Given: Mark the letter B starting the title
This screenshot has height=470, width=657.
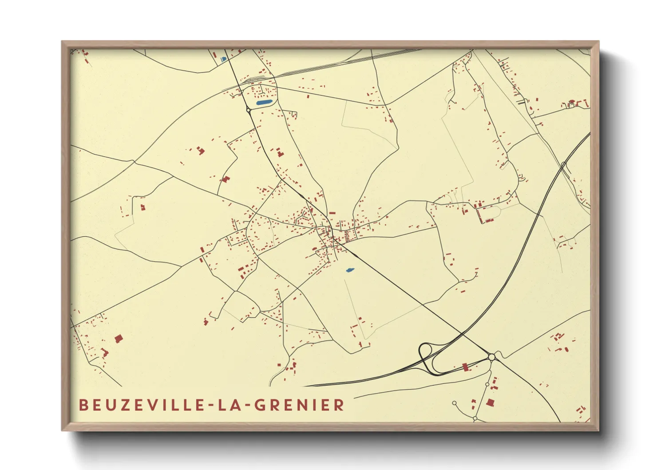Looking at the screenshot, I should [x=83, y=405].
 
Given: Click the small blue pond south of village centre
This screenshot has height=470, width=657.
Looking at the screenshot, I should [x=349, y=270].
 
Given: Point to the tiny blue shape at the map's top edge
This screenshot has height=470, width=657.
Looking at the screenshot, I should [x=224, y=59].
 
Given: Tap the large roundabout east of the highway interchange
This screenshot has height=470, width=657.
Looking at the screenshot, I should [x=491, y=357].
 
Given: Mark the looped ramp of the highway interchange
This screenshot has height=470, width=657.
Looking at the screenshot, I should [x=426, y=354].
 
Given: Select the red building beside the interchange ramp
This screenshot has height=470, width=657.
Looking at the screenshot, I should [x=465, y=367].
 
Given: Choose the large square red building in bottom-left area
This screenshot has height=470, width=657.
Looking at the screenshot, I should [x=118, y=339].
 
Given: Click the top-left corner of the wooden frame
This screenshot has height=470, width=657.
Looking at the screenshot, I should [x=63, y=42].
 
